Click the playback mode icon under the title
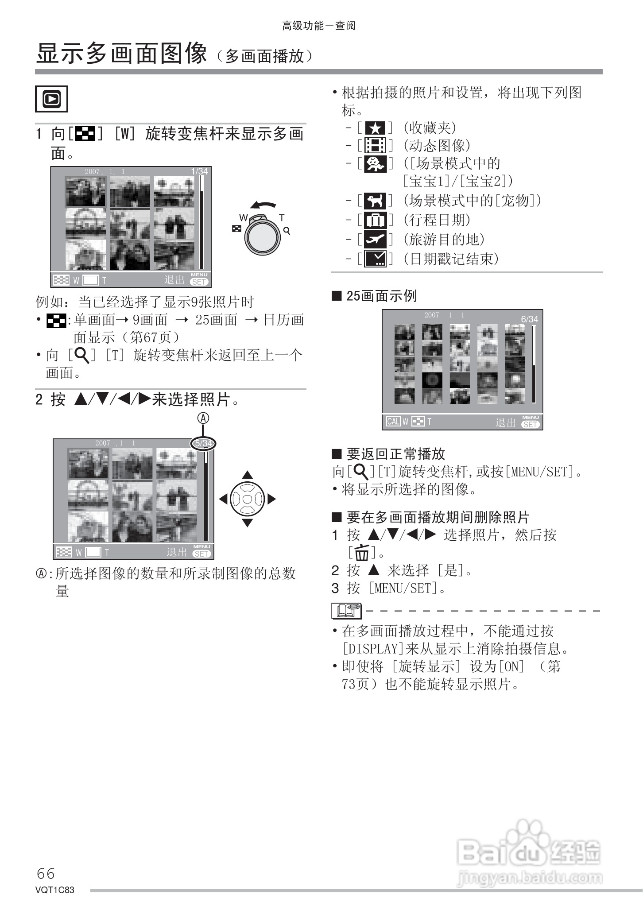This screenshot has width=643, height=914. (x=51, y=99)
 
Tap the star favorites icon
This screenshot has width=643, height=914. (x=375, y=128)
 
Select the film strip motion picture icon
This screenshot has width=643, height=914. (x=375, y=146)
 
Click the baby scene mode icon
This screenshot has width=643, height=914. (x=375, y=164)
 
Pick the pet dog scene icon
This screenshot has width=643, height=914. (x=375, y=201)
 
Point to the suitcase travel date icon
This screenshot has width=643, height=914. (x=375, y=220)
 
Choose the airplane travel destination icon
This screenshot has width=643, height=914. (x=375, y=240)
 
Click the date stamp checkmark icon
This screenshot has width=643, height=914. (x=375, y=259)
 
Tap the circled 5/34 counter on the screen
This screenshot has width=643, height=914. (x=203, y=443)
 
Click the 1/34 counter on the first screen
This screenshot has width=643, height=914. (x=199, y=171)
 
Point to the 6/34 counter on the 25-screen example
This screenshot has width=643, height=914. (x=529, y=319)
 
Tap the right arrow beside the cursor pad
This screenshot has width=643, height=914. (x=271, y=499)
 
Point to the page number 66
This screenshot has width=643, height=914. (x=46, y=873)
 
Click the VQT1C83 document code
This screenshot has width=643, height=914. (x=55, y=890)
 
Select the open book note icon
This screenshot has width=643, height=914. (x=346, y=611)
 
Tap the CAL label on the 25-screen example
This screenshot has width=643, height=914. (x=393, y=422)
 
